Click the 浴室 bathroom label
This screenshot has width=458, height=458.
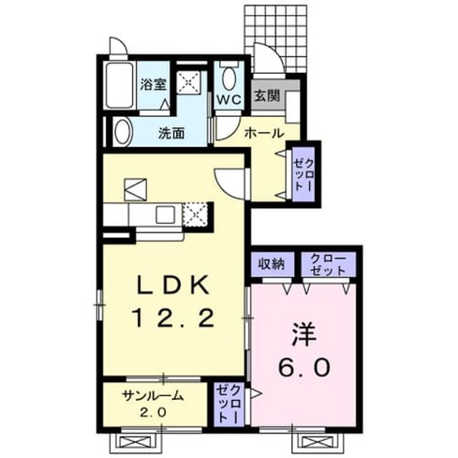point(154,84)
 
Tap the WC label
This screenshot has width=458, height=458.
point(229,99)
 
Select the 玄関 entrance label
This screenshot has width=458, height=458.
point(267,95)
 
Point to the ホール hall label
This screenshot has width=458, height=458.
point(264,134)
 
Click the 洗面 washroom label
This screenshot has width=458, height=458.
point(172,134)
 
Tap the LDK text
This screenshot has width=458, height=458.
point(173,285)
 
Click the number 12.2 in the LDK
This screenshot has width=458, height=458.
point(174,318)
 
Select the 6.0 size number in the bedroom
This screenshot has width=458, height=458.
point(304,366)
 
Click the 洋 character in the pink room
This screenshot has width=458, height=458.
point(303,334)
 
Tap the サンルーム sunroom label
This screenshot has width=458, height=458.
point(154,396)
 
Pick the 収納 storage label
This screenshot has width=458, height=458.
point(271,264)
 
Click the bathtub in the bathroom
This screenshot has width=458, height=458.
point(120,86)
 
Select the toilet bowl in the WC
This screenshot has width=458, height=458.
point(230,79)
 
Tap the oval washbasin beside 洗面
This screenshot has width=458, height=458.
point(123,132)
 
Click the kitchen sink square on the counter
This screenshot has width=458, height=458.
point(165,214)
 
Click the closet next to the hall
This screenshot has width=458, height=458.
point(303,174)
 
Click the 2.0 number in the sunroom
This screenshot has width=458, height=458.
point(153,412)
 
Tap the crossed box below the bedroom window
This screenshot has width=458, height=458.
point(317,442)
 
